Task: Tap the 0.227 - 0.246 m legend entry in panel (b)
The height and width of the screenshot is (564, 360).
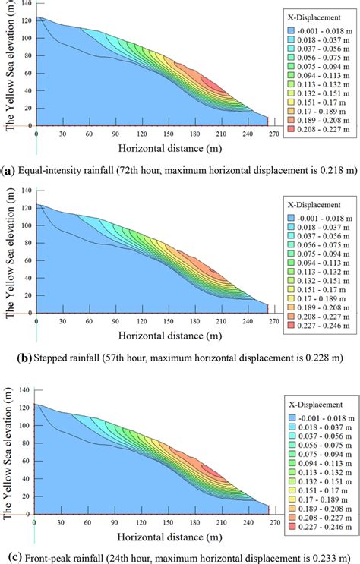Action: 321,325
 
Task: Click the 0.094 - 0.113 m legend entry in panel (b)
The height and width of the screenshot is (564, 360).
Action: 321,257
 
